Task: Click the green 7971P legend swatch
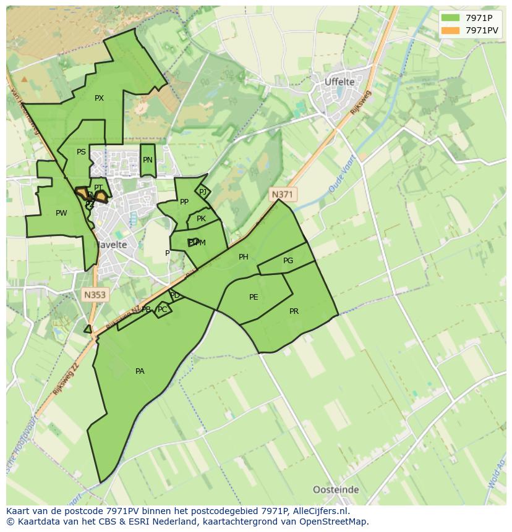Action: click(x=450, y=17)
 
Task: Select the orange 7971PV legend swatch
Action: click(x=450, y=30)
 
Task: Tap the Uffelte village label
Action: click(x=340, y=82)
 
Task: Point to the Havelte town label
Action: click(x=111, y=245)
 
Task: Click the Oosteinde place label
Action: click(x=336, y=489)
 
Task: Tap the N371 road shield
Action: click(x=283, y=194)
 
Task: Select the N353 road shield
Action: click(x=95, y=295)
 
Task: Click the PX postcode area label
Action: click(x=99, y=98)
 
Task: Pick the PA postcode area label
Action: click(x=140, y=371)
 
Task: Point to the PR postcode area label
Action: click(x=294, y=311)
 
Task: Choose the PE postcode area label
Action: click(x=254, y=297)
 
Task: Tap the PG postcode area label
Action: click(x=288, y=261)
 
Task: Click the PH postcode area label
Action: click(x=244, y=257)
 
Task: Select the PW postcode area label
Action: click(x=61, y=213)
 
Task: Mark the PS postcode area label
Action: click(x=81, y=152)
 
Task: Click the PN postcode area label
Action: click(x=147, y=160)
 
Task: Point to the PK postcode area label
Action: click(x=201, y=219)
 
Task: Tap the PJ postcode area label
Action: click(x=203, y=192)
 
